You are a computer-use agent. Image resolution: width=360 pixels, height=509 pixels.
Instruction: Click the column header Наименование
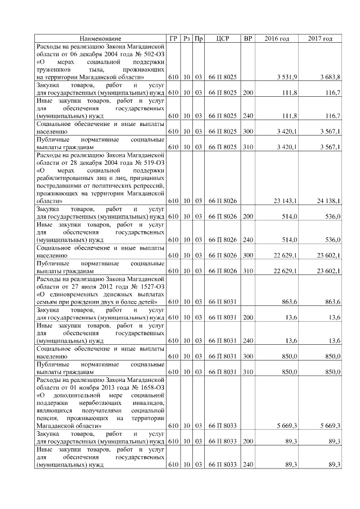click(100, 38)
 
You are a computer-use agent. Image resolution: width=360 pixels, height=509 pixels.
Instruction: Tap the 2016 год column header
click(277, 38)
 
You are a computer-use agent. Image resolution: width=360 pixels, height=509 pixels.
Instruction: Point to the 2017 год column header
click(320, 38)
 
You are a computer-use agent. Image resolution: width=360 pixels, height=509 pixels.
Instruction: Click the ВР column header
click(247, 38)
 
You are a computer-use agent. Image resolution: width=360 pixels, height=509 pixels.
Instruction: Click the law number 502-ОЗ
click(151, 53)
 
